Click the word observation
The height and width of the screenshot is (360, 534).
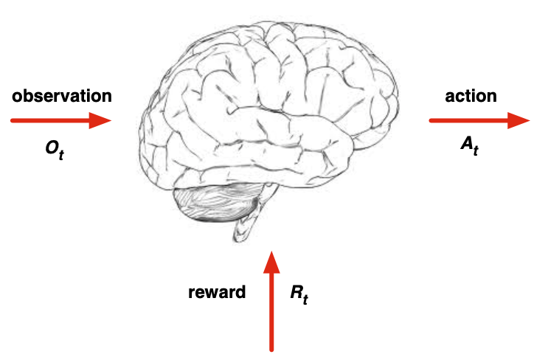click(x=62, y=96)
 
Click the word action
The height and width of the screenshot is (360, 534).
click(x=471, y=96)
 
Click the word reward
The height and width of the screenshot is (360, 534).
click(x=216, y=292)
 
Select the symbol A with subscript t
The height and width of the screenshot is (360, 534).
click(x=469, y=145)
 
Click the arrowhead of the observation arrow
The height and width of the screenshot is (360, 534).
click(x=101, y=120)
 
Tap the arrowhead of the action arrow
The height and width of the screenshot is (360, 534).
click(x=519, y=121)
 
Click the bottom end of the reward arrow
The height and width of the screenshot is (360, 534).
click(x=272, y=348)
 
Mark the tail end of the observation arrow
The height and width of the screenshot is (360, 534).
click(x=13, y=120)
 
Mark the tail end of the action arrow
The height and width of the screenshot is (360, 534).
click(x=431, y=121)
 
